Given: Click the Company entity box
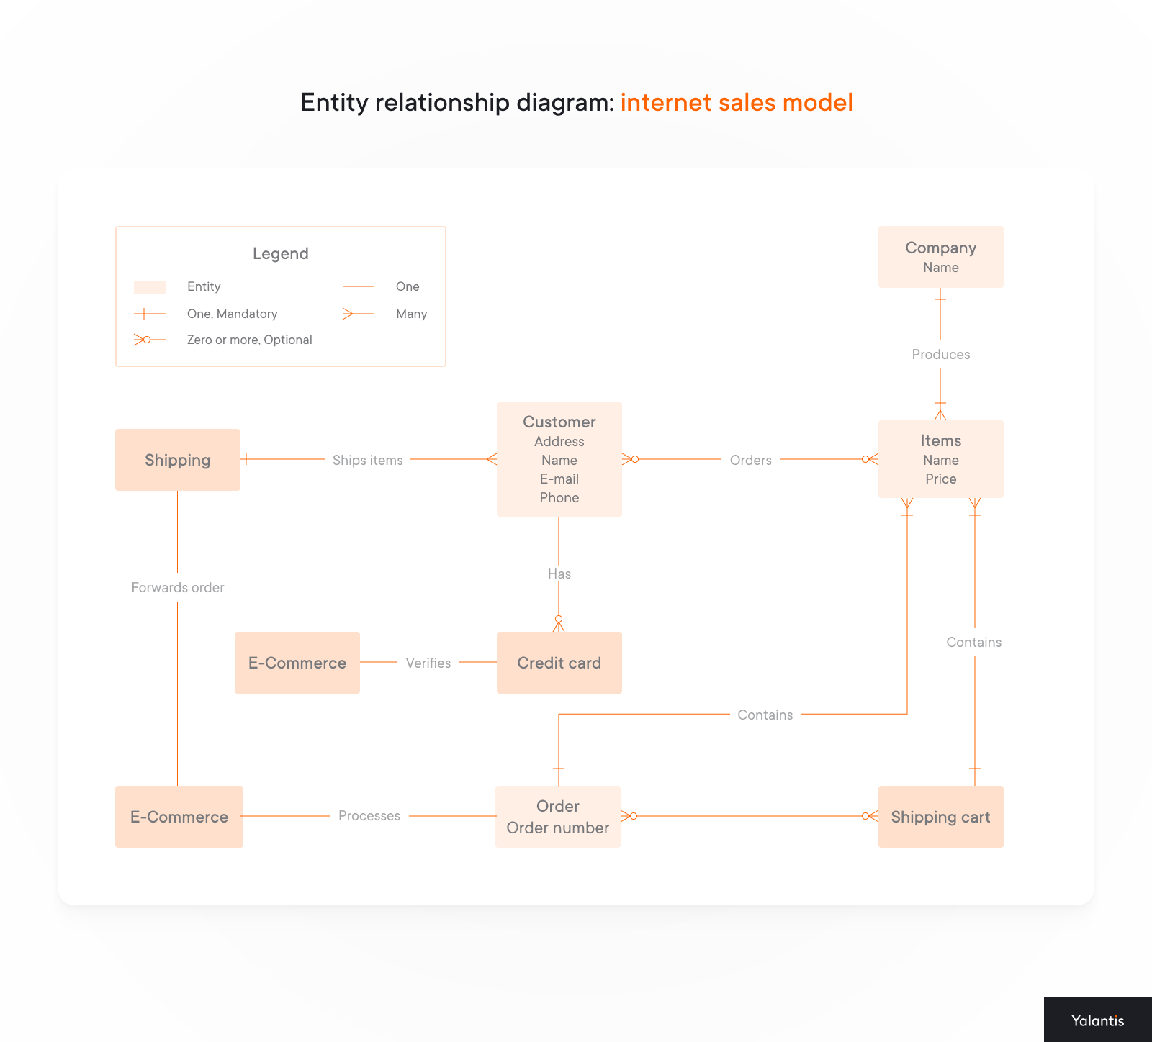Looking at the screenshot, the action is click(x=940, y=257).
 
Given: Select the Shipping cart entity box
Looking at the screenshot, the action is click(x=940, y=817).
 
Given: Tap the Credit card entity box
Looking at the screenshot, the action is click(x=559, y=663).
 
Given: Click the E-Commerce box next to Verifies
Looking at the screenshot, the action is click(x=297, y=663).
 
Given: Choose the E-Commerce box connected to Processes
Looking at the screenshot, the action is click(x=179, y=817).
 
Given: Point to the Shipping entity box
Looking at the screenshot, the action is click(x=177, y=460).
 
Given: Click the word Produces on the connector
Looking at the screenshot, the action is click(x=940, y=354).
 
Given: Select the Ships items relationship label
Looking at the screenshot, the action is click(x=367, y=460).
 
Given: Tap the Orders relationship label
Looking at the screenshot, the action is click(x=750, y=460).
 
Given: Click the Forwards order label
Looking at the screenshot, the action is click(x=178, y=587).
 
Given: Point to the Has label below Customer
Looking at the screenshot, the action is click(x=559, y=574).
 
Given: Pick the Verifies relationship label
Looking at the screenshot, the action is click(x=428, y=663).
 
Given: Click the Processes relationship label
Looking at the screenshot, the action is click(x=369, y=815).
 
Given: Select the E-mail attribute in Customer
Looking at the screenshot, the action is click(x=559, y=479).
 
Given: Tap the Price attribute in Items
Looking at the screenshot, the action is click(x=940, y=479).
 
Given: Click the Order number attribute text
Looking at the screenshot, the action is click(x=557, y=828).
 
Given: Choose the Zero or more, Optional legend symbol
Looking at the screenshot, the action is click(x=149, y=340).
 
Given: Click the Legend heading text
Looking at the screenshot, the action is click(x=280, y=253).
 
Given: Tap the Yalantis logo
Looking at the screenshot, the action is click(x=1097, y=1020).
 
